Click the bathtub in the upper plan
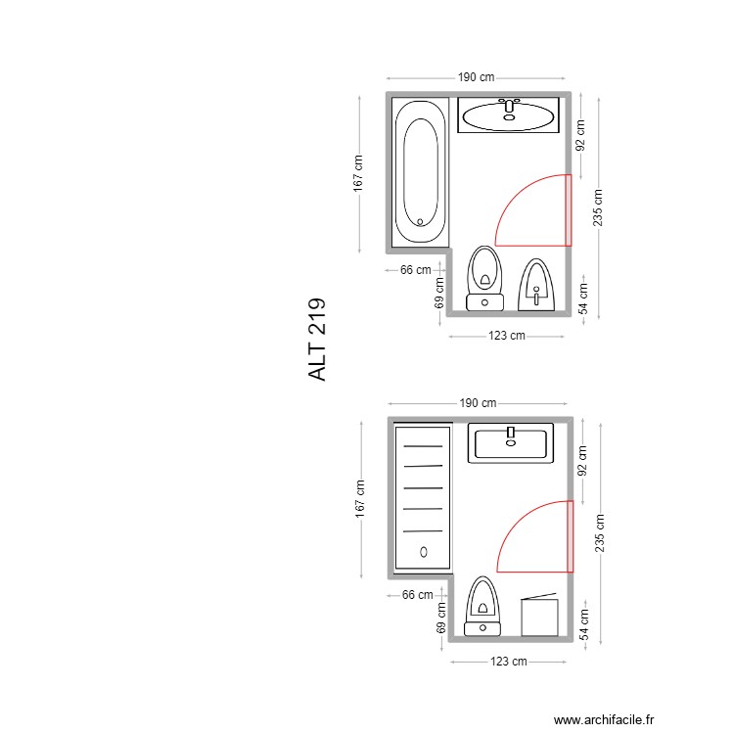[x=421, y=172]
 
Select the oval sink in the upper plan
[x=508, y=115]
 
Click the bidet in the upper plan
[x=535, y=285]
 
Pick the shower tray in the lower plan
[x=423, y=497]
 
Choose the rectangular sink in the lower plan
[x=510, y=442]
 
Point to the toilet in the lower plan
[x=482, y=607]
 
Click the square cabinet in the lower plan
[x=539, y=618]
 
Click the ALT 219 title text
[x=318, y=340]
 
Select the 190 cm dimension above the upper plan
[x=476, y=77]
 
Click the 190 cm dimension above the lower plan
[x=478, y=402]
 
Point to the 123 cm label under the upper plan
[x=506, y=336]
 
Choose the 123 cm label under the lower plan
[x=508, y=662]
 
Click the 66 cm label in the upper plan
[x=416, y=270]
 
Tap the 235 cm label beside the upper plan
[x=598, y=206]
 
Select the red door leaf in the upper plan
[x=568, y=209]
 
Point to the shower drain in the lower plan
[x=423, y=552]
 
